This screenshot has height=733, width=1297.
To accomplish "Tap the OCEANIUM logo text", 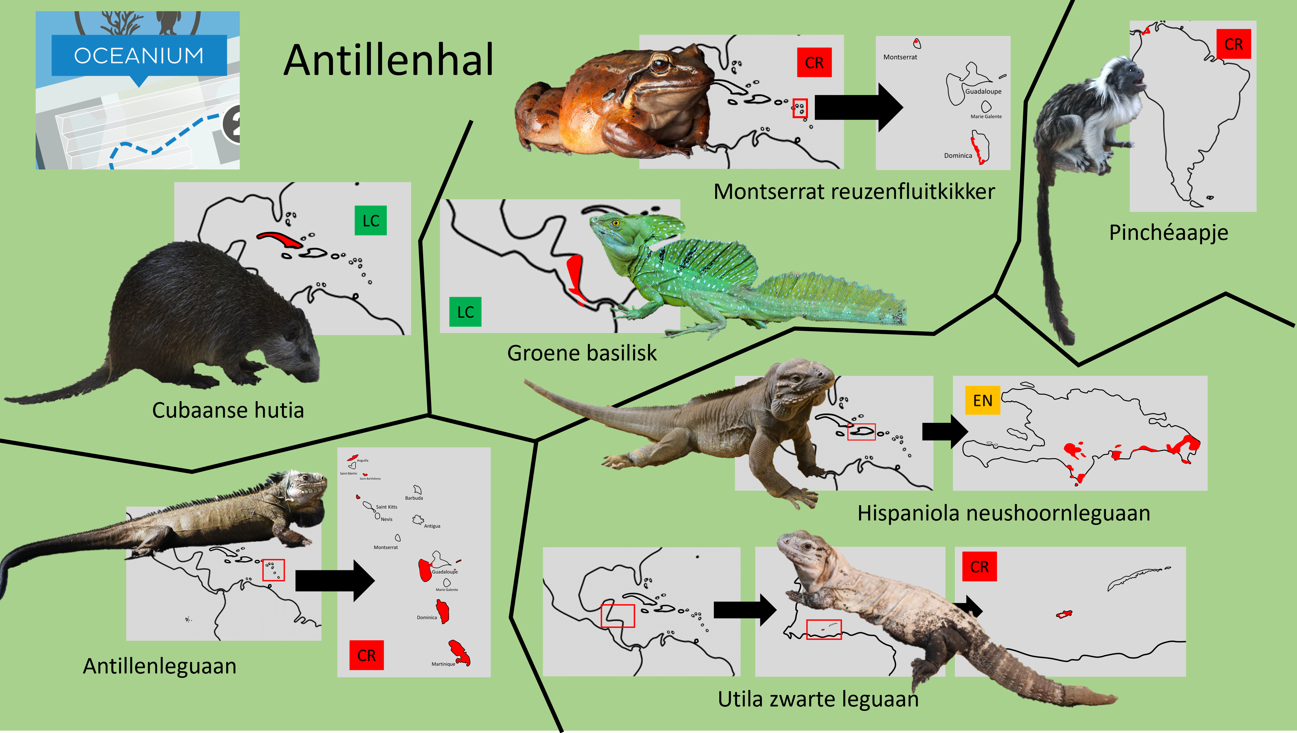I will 139,55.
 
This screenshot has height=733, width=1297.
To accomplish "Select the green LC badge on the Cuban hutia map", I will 371,220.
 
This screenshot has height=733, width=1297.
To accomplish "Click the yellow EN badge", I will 982,400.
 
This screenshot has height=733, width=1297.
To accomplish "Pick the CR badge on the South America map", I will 1234,44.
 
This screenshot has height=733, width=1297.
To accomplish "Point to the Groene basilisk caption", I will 582,353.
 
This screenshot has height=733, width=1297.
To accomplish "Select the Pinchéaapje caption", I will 1168,233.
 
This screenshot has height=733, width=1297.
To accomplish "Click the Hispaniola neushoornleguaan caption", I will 1004,513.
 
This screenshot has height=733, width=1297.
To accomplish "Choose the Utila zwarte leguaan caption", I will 818,699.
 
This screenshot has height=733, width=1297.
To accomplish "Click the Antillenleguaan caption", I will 160,666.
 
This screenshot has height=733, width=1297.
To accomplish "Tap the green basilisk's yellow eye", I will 615,223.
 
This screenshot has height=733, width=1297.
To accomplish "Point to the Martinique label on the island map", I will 443,664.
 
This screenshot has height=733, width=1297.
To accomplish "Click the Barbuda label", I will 414,498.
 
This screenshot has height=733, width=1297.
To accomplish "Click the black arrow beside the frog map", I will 859,107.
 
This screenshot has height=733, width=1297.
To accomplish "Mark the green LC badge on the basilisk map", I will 465,312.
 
